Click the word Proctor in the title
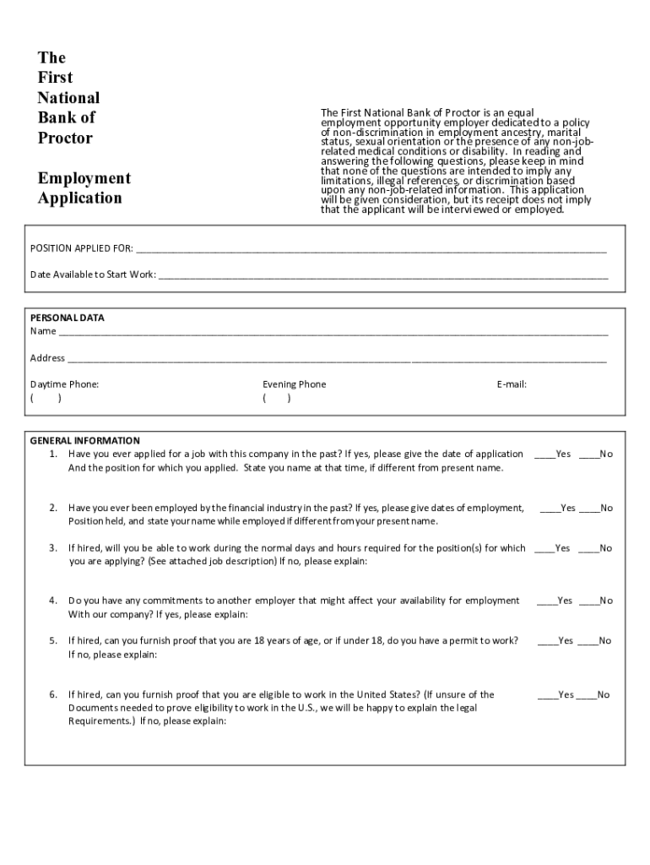pos(65,138)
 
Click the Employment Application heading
pos(84,188)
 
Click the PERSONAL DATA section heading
pos(68,318)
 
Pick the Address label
pos(47,358)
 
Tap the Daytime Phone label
pos(64,384)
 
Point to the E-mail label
pos(512,384)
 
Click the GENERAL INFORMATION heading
pos(85,441)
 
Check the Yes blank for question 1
pos(544,455)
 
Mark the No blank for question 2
pos(590,509)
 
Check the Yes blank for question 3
pos(544,549)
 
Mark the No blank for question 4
pos(590,601)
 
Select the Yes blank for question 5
pos(548,642)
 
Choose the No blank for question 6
pos(587,695)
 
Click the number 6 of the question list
pos(51,695)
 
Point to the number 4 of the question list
pos(51,601)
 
